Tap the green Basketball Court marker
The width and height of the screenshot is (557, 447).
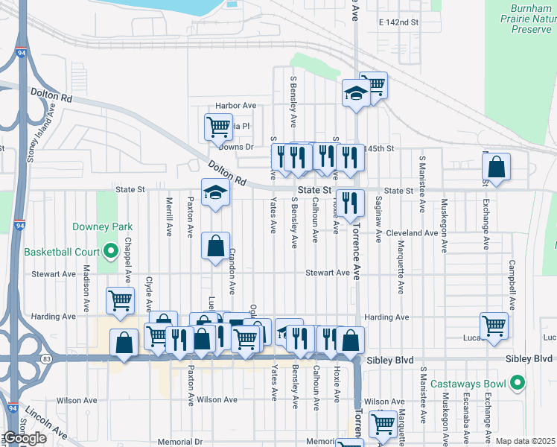coord(111,251)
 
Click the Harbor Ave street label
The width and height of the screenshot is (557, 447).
coord(235,106)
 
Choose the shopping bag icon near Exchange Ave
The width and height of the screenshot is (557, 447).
coord(496,168)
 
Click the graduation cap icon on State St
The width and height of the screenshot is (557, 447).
coord(215,193)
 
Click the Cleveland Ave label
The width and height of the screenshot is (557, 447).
coord(411,233)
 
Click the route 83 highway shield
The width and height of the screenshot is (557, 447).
coord(47,359)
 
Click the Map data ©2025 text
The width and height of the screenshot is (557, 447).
coord(525,441)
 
